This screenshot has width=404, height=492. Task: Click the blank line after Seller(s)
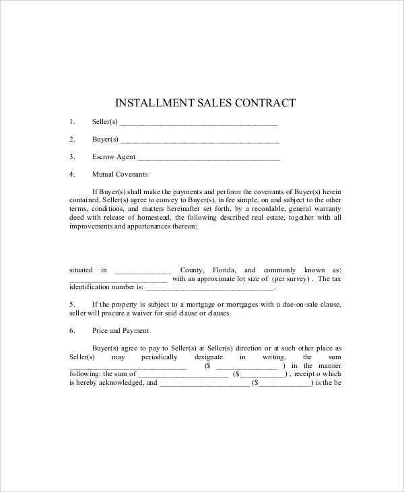coord(199,123)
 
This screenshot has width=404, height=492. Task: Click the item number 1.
coord(71,122)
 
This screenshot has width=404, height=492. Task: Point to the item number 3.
coord(71,157)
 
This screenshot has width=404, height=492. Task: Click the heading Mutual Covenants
coord(119,174)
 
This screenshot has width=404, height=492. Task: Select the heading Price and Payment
coord(121,331)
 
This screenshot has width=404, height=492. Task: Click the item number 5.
coord(71,305)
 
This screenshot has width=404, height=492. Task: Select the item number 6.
coord(71,331)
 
